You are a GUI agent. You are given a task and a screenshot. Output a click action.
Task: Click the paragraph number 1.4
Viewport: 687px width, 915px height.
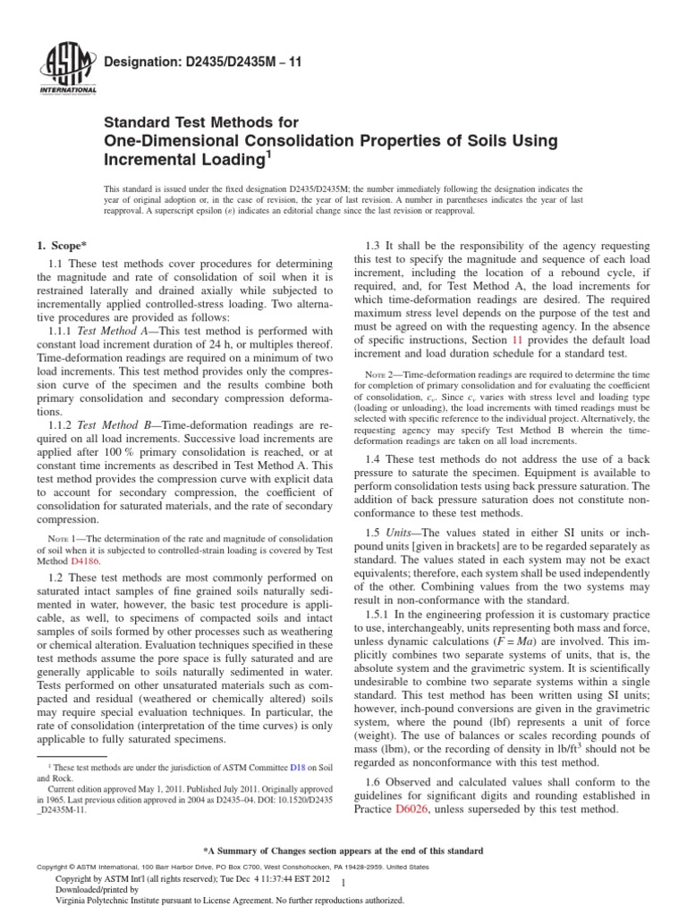click(x=376, y=457)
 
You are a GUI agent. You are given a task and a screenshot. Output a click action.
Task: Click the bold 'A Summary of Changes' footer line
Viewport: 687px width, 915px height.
click(x=343, y=850)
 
